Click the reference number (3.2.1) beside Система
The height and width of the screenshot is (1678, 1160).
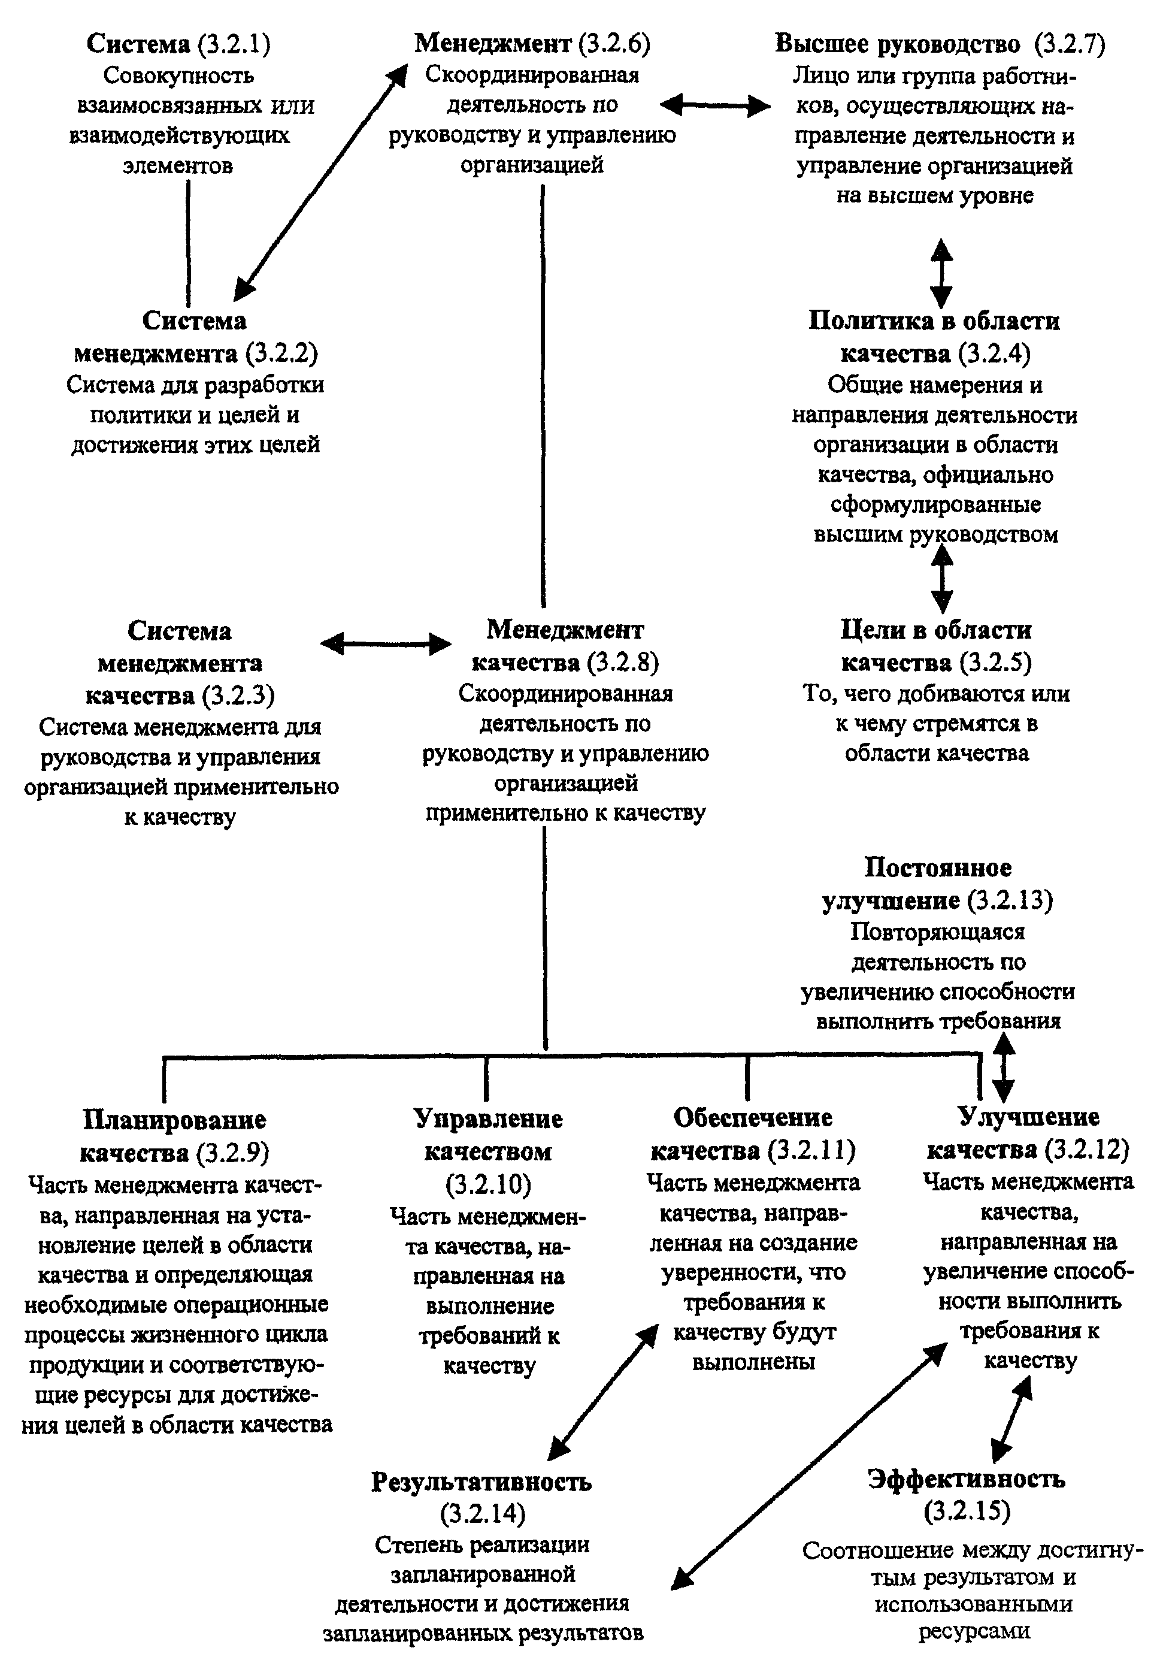coord(234,44)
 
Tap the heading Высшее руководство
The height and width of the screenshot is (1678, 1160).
coord(898,44)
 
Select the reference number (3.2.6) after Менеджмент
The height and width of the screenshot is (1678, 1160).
coord(614,44)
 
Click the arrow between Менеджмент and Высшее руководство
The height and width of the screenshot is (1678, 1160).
coord(714,107)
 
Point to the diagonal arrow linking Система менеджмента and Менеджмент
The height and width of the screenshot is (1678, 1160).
coord(320,181)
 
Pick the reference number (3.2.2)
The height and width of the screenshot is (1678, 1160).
coord(281,354)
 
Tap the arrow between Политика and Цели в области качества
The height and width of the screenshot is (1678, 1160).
coord(942,578)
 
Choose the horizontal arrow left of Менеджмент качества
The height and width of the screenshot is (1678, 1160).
coord(386,643)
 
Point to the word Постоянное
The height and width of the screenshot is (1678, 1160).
coord(938,868)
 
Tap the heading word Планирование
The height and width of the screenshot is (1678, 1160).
coord(174,1120)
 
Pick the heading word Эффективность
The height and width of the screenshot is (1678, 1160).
coord(967,1480)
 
